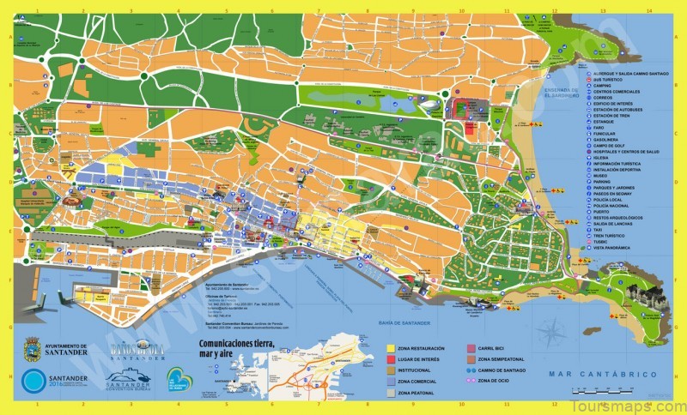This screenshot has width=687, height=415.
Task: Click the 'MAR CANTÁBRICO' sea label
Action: click(x=603, y=375)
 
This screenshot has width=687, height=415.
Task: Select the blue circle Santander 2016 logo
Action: click(x=32, y=382)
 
